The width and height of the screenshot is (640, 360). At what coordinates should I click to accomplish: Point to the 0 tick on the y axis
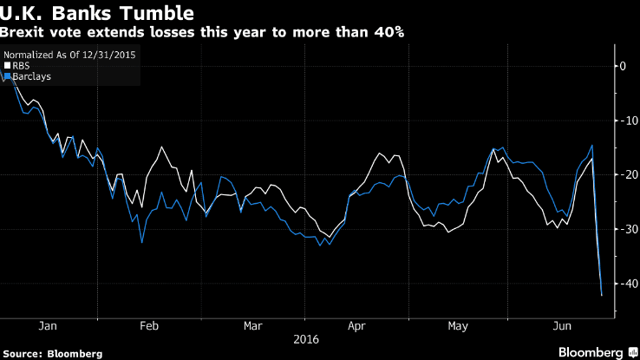(x=621, y=66)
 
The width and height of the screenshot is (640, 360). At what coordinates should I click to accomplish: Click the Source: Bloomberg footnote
(x=52, y=353)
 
